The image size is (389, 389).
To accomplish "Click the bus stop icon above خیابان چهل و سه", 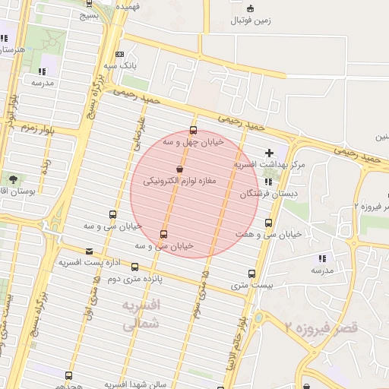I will click(x=193, y=130).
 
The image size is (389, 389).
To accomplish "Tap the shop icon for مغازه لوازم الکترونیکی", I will click(x=179, y=169).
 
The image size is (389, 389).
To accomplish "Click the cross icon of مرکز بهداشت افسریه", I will click(x=269, y=153).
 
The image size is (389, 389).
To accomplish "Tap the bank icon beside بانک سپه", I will click(x=119, y=54).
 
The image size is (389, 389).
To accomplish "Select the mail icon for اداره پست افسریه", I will click(x=90, y=251).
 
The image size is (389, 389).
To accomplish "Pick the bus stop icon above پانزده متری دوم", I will click(x=134, y=267).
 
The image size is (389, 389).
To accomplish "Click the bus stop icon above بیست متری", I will click(x=251, y=274).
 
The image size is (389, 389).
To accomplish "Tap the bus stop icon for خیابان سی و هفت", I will click(x=268, y=223).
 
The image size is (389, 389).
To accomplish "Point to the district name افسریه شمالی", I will click(x=142, y=312).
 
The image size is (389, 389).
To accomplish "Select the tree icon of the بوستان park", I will click(x=13, y=179).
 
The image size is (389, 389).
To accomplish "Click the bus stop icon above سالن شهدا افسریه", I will click(x=69, y=375).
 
